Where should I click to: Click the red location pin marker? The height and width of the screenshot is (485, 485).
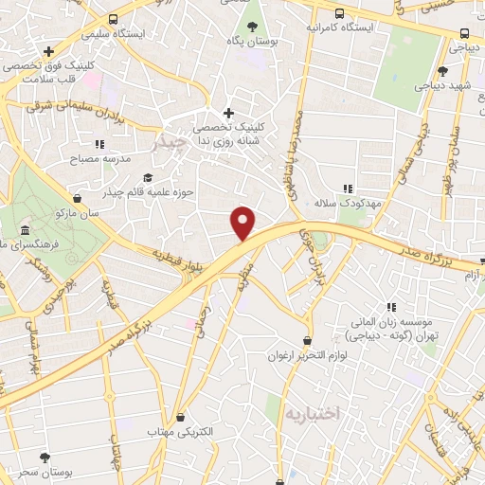tap(243, 223)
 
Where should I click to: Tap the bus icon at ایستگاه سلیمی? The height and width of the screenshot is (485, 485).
tap(114, 19)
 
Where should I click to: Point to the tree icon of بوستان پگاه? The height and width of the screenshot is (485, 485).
tap(251, 27)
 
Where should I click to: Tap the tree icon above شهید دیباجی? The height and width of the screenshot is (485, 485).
tap(442, 71)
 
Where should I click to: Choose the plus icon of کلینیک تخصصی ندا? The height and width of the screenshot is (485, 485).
tap(227, 113)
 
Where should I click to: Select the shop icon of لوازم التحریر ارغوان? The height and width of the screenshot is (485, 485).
tap(307, 340)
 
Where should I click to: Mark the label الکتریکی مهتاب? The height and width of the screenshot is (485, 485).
tap(176, 433)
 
